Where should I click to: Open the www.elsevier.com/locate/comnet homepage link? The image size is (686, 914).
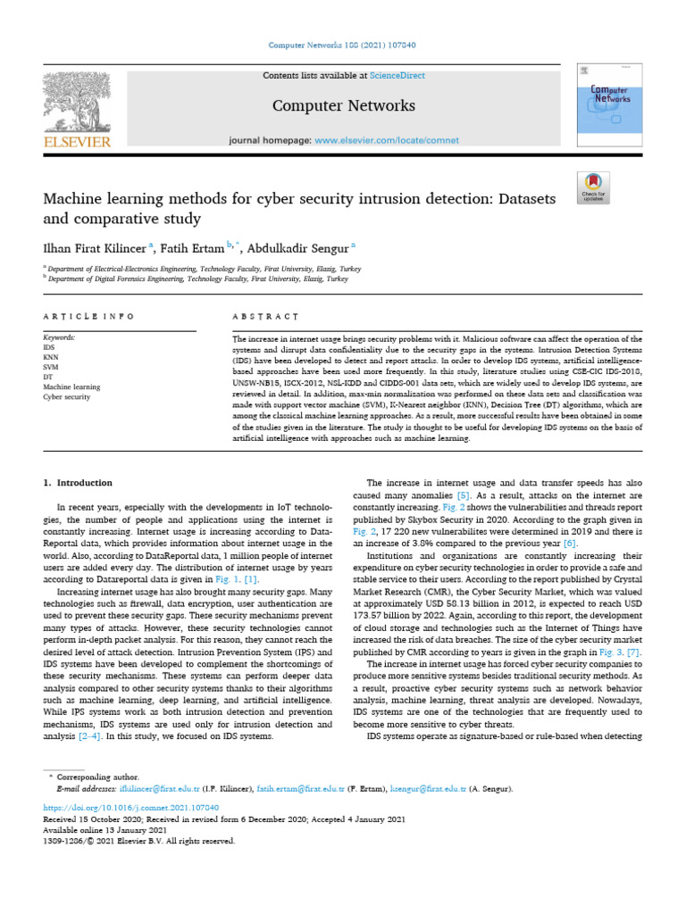pyautogui.click(x=387, y=140)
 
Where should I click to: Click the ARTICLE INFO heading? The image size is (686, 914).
pyautogui.click(x=89, y=316)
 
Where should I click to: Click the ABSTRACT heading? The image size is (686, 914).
pyautogui.click(x=265, y=316)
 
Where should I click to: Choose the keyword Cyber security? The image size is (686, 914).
pyautogui.click(x=67, y=397)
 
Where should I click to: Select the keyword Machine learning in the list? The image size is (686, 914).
pyautogui.click(x=72, y=387)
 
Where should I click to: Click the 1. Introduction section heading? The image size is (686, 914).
pyautogui.click(x=79, y=482)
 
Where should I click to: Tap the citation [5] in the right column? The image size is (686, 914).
pyautogui.click(x=464, y=494)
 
